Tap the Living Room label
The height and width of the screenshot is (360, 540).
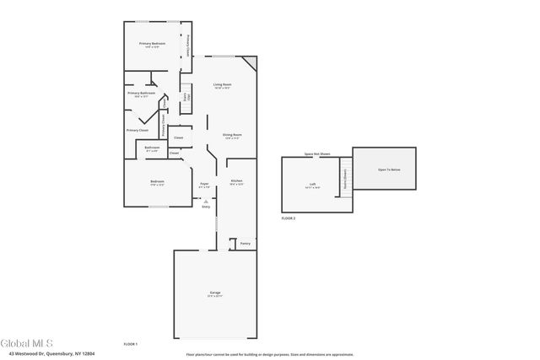click(223, 85)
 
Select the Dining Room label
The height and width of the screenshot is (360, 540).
click(232, 135)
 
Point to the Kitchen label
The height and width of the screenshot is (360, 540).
click(237, 181)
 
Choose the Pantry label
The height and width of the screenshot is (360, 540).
click(246, 244)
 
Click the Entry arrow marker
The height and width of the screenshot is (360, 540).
click(205, 201)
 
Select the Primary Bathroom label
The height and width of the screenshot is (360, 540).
click(142, 94)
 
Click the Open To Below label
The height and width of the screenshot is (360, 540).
click(389, 169)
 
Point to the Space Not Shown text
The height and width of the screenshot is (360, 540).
click(318, 154)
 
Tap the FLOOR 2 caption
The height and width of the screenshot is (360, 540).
click(289, 218)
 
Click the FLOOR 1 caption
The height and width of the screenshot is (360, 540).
click(131, 345)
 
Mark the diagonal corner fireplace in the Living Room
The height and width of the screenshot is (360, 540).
click(249, 63)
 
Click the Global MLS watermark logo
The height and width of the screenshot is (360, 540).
click(27, 343)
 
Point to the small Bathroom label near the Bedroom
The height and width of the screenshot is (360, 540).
click(152, 148)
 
